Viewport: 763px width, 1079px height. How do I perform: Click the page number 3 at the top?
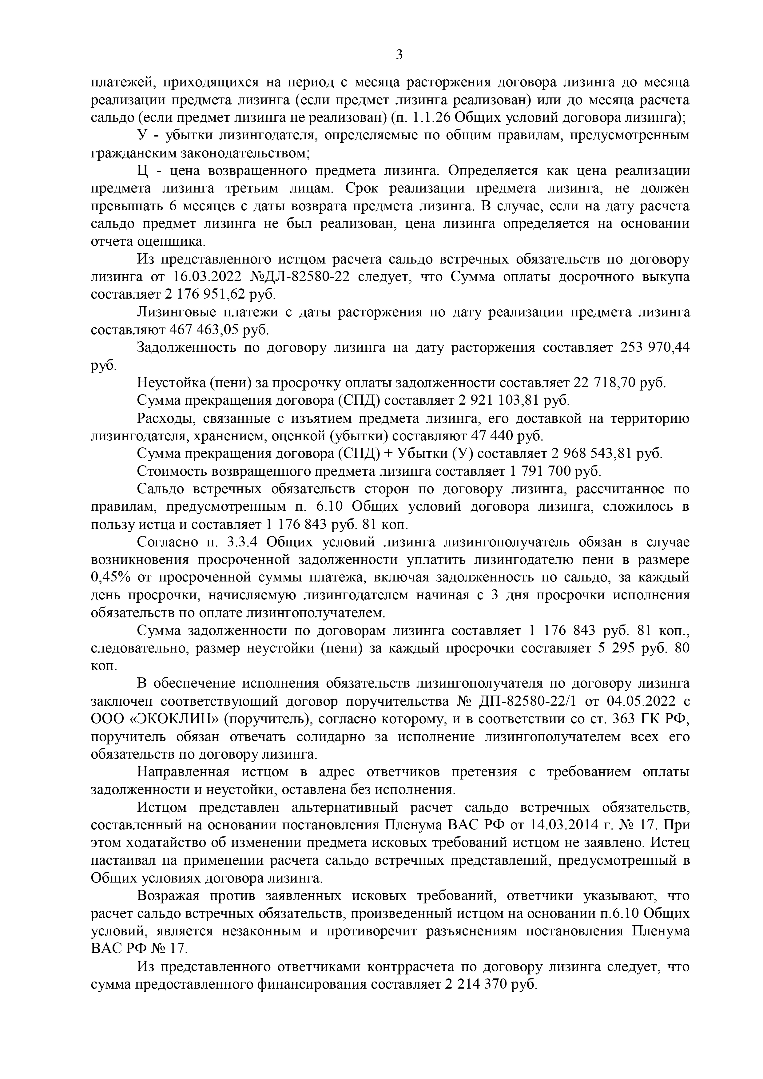pos(399,55)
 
